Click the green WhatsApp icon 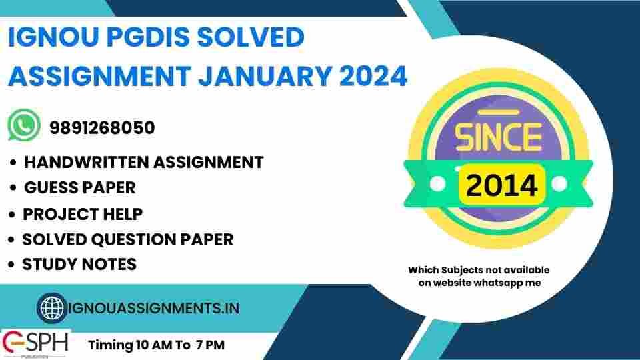(x=24, y=126)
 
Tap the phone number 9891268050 (x=102, y=127)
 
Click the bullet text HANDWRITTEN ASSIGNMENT (x=143, y=162)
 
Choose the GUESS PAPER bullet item (x=79, y=188)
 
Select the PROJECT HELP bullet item (x=82, y=214)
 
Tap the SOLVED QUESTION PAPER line (x=127, y=239)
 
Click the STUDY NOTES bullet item (x=79, y=264)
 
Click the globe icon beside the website (x=51, y=308)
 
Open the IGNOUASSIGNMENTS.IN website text (x=153, y=309)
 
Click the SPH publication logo (x=35, y=343)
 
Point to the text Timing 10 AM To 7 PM (x=157, y=345)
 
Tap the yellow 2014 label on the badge (x=501, y=185)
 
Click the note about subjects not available (x=479, y=276)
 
